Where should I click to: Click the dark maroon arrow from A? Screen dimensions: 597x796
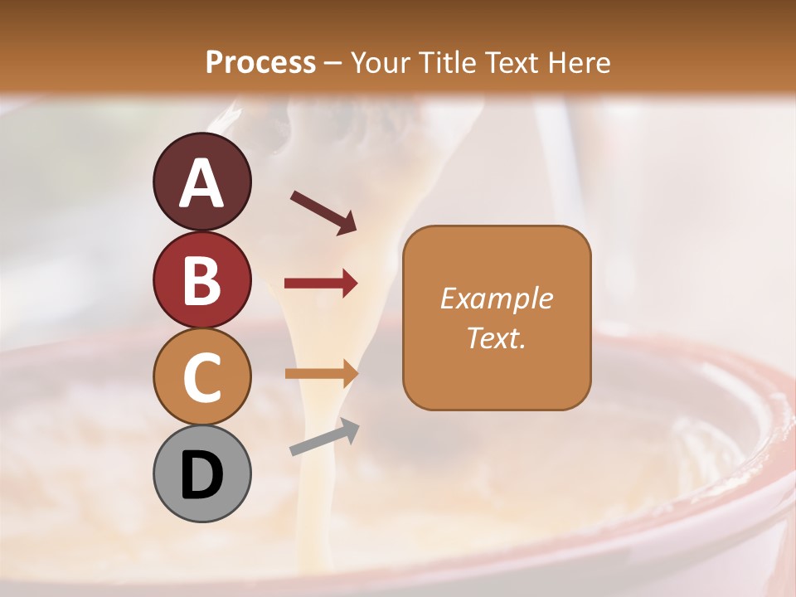(323, 211)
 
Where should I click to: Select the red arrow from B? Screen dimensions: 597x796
(321, 284)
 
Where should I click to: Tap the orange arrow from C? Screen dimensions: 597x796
(321, 374)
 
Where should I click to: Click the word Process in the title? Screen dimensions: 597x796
(260, 62)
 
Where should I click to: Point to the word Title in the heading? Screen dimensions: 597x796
(448, 62)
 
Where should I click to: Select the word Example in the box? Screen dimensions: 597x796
(496, 298)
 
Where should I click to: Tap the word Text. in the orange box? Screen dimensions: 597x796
(496, 337)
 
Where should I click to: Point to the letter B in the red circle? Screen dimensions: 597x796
(202, 280)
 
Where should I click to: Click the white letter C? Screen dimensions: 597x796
(202, 377)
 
